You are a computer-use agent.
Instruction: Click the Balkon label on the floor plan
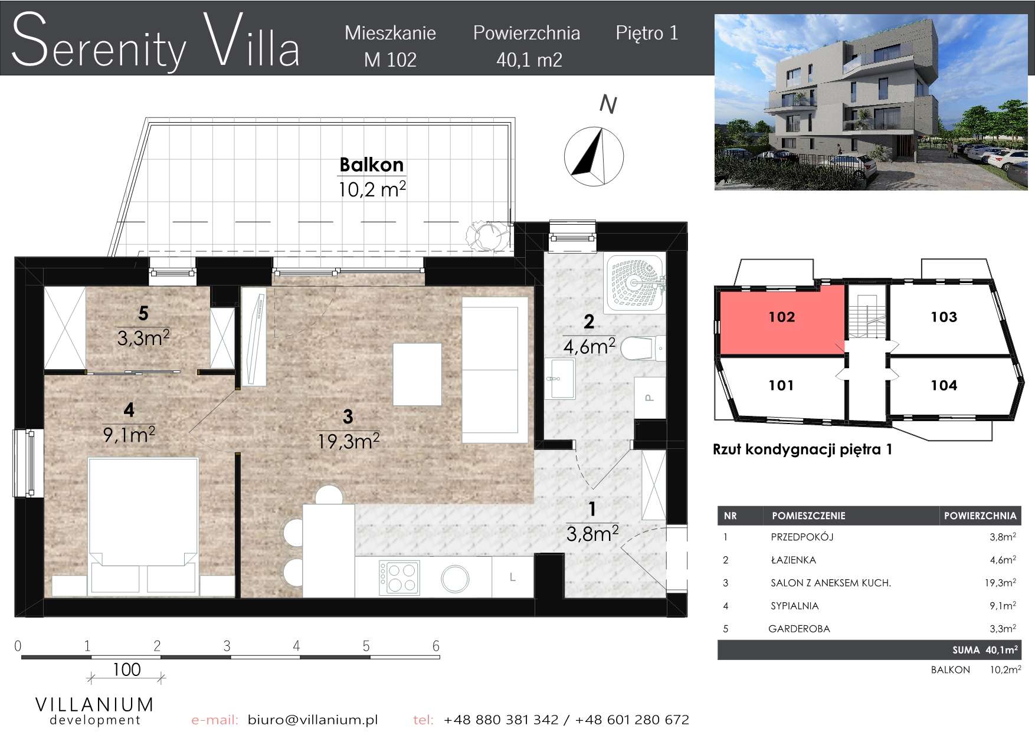click(x=372, y=165)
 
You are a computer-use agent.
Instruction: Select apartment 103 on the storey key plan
click(x=944, y=317)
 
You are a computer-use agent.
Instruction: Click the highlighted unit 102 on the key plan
click(x=782, y=317)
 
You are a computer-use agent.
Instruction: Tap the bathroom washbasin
click(x=559, y=378)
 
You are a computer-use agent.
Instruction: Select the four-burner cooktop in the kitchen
click(x=399, y=577)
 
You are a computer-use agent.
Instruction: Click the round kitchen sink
click(x=455, y=579)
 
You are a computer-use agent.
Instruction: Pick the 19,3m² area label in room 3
click(x=348, y=441)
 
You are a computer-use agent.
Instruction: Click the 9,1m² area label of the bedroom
click(x=129, y=435)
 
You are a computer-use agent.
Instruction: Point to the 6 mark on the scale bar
click(x=436, y=646)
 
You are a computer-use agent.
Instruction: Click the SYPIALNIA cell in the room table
click(x=794, y=606)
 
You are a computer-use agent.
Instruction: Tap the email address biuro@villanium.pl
click(x=313, y=720)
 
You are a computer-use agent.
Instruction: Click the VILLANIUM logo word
click(x=94, y=704)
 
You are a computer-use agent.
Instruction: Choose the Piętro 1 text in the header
click(x=647, y=34)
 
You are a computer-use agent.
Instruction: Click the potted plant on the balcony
click(x=487, y=236)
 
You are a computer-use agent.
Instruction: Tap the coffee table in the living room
click(x=417, y=375)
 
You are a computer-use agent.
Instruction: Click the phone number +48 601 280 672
click(x=632, y=720)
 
